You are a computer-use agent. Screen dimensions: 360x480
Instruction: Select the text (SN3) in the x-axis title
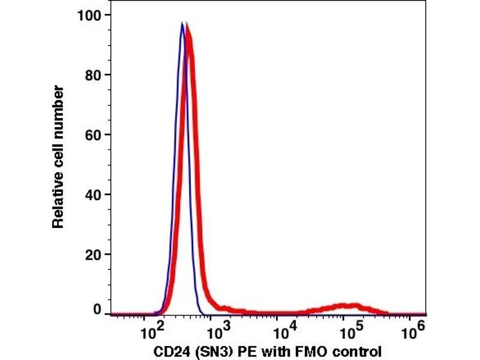coord(209,351)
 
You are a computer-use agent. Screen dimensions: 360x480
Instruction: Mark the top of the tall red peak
coord(188,25)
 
